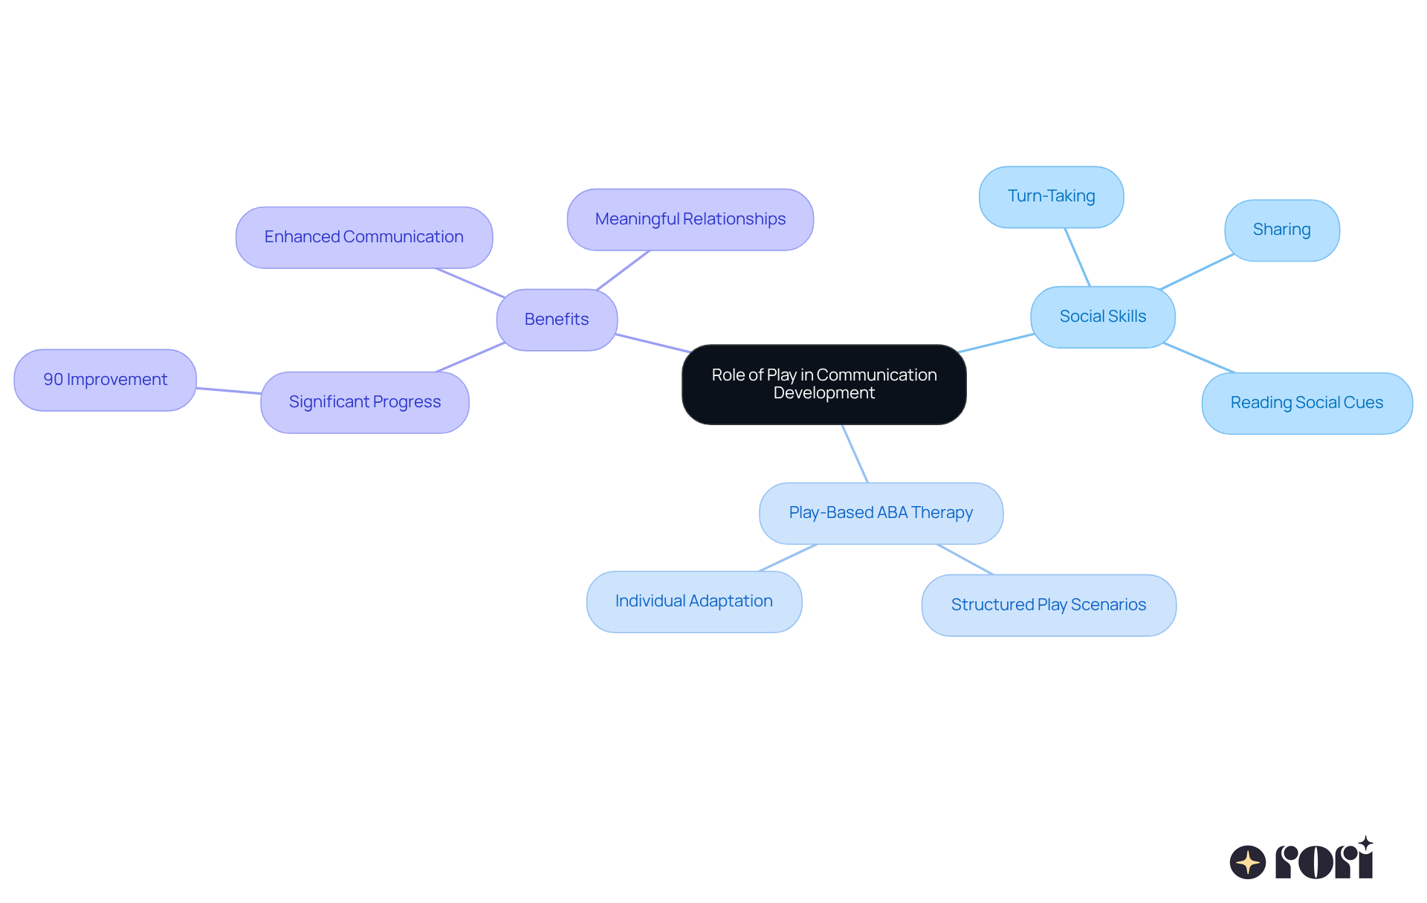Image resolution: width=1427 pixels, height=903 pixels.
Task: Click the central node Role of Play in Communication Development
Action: pyautogui.click(x=823, y=384)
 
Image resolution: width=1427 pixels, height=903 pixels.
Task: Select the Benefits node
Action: pyautogui.click(x=557, y=320)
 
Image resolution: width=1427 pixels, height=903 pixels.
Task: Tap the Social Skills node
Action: pyautogui.click(x=1103, y=317)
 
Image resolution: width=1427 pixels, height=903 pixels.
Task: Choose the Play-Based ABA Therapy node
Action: pyautogui.click(x=881, y=513)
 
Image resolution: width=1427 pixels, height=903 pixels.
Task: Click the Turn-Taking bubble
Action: pyautogui.click(x=1051, y=196)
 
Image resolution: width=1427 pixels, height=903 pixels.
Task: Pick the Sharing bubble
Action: pyautogui.click(x=1281, y=230)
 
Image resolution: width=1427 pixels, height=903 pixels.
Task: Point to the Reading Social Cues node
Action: pyautogui.click(x=1307, y=403)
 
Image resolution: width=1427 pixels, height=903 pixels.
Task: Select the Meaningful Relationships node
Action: pyautogui.click(x=690, y=219)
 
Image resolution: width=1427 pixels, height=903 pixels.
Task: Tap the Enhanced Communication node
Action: pyautogui.click(x=363, y=237)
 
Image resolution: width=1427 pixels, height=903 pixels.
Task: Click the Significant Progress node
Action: pyautogui.click(x=364, y=402)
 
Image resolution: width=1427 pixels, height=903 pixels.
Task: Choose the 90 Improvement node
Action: pyautogui.click(x=105, y=380)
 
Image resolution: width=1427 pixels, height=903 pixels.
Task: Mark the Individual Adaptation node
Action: pyautogui.click(x=693, y=601)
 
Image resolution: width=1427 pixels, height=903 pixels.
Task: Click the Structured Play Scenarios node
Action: pyautogui.click(x=1048, y=605)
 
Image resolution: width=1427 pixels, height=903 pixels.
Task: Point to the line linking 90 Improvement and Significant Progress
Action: pyautogui.click(x=229, y=390)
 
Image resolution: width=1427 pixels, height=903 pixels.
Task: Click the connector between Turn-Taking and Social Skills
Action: pyautogui.click(x=1077, y=256)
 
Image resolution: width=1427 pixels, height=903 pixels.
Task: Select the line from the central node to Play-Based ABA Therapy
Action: pyautogui.click(x=855, y=453)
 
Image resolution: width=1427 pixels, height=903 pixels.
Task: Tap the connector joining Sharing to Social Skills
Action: pyautogui.click(x=1197, y=271)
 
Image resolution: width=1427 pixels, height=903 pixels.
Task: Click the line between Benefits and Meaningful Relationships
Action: pyautogui.click(x=623, y=270)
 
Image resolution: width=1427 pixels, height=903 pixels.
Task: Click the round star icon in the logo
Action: pyautogui.click(x=1247, y=862)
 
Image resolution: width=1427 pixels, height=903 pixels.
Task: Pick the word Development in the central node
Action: pyautogui.click(x=823, y=393)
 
